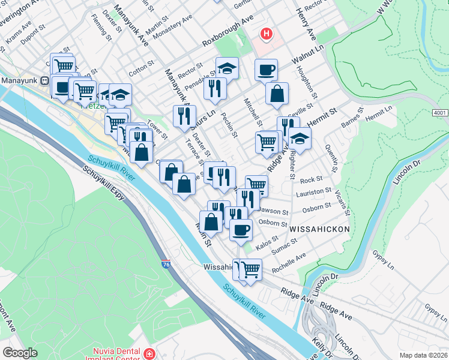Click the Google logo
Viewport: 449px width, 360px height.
pyautogui.click(x=20, y=352)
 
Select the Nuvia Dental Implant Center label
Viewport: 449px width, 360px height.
pyautogui.click(x=116, y=354)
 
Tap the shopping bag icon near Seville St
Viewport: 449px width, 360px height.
pyautogui.click(x=277, y=94)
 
